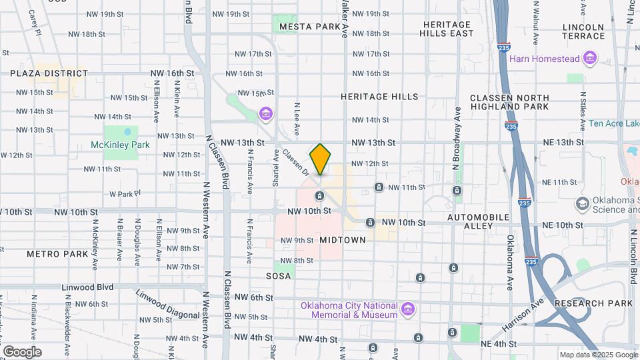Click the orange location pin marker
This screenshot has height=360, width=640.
[x=321, y=159]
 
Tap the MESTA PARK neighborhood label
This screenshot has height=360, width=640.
[x=310, y=27]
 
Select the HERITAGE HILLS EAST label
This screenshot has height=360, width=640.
[x=447, y=29]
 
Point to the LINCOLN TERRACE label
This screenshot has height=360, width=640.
[x=583, y=31]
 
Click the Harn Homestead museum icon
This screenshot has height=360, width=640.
[x=589, y=59]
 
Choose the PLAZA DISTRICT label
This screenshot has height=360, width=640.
[x=49, y=73]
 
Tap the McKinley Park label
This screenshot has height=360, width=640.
[x=120, y=145]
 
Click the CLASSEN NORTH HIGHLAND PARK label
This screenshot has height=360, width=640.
[x=509, y=102]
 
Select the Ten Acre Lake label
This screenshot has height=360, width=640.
[x=614, y=124]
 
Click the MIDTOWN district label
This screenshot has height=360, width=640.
[x=343, y=239]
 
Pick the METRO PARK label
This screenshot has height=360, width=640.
[x=57, y=254]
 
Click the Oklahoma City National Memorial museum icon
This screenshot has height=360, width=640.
[x=408, y=309]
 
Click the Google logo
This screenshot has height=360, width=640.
[x=22, y=351]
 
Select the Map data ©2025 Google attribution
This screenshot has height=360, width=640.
[x=597, y=355]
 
